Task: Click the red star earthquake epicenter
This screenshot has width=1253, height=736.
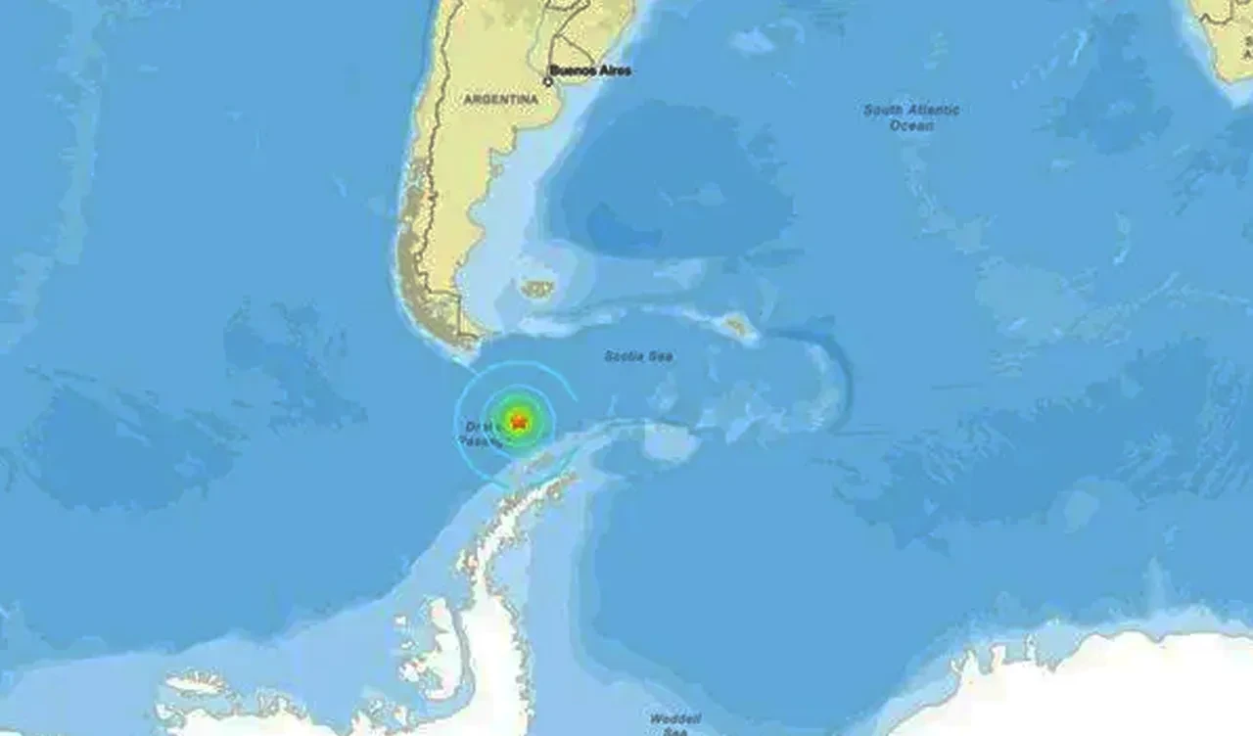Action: pos(518,421)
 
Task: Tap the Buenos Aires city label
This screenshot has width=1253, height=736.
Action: pos(590,70)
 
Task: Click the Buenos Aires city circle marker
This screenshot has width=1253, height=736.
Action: pos(548,81)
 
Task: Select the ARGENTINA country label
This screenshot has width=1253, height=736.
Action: pos(500,100)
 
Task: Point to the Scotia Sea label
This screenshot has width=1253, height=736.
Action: pos(638,356)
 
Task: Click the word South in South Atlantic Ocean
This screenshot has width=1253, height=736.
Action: pos(882,111)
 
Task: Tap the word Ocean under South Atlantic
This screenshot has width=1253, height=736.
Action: pos(911,125)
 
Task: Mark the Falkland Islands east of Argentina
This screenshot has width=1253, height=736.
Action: pos(537,288)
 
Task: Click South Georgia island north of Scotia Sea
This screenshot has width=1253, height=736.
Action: pos(740,327)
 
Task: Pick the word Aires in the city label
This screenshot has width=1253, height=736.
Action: pos(614,70)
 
